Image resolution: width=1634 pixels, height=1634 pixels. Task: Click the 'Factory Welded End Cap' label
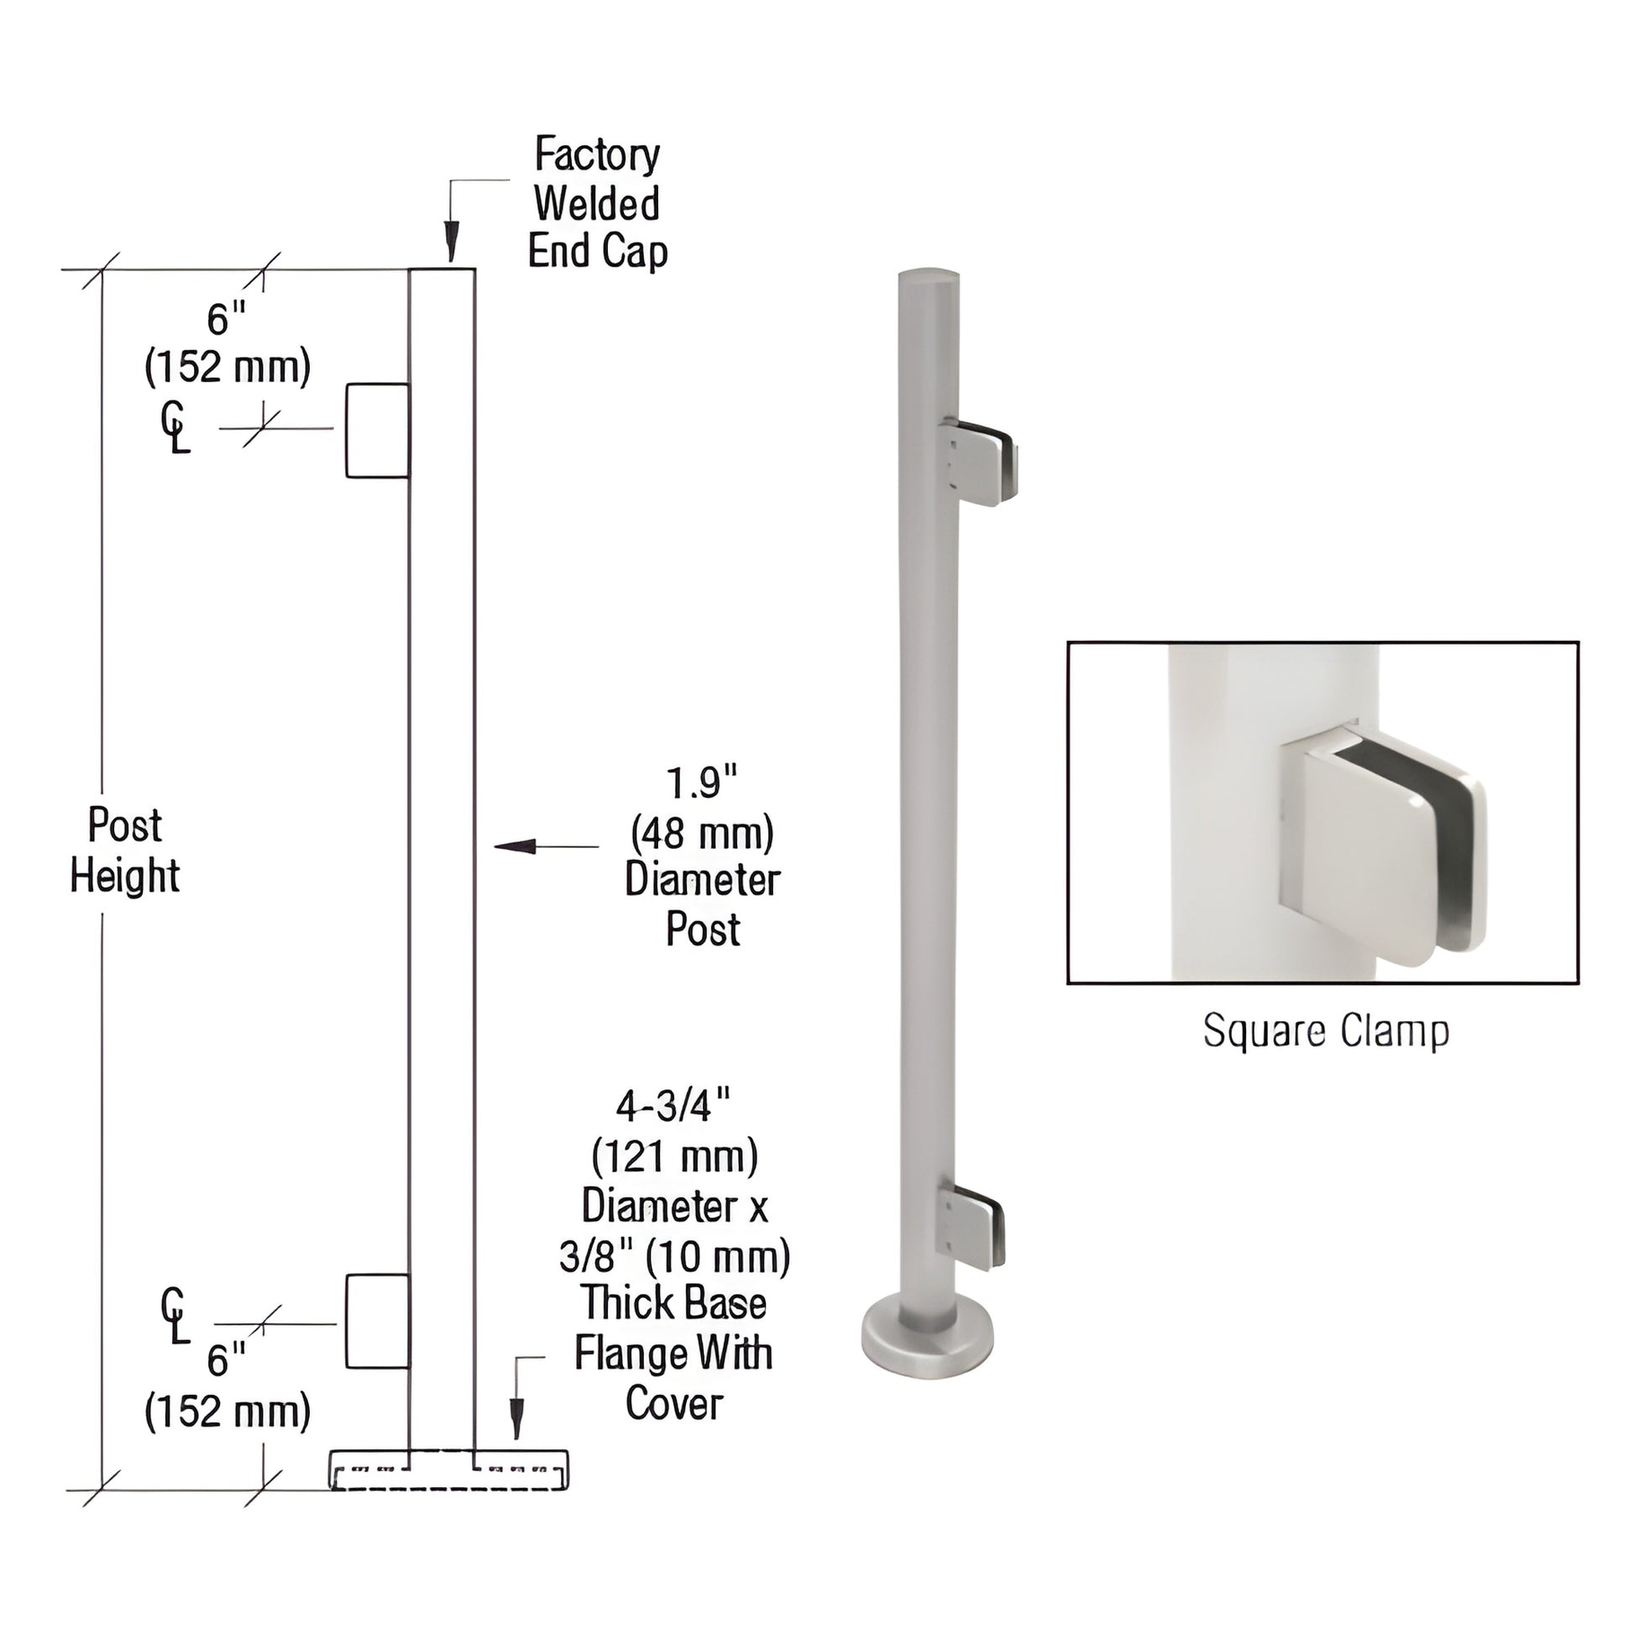597,203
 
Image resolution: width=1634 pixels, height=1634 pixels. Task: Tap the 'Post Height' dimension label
125,850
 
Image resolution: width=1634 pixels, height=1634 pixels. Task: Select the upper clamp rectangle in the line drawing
377,431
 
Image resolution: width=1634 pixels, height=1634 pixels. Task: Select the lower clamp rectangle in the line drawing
377,1322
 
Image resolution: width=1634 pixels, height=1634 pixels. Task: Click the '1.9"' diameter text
701,783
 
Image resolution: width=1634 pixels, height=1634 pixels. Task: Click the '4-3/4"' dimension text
673,1105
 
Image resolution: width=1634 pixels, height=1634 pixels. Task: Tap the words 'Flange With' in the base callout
673,1354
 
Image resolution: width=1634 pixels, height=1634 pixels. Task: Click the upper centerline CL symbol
174,429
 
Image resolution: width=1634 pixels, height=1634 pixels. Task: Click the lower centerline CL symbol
174,1317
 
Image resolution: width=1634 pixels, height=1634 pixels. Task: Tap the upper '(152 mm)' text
228,367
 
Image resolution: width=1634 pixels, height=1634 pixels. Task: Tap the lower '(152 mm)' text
228,1411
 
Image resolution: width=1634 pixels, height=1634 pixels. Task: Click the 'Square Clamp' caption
1325,1031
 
